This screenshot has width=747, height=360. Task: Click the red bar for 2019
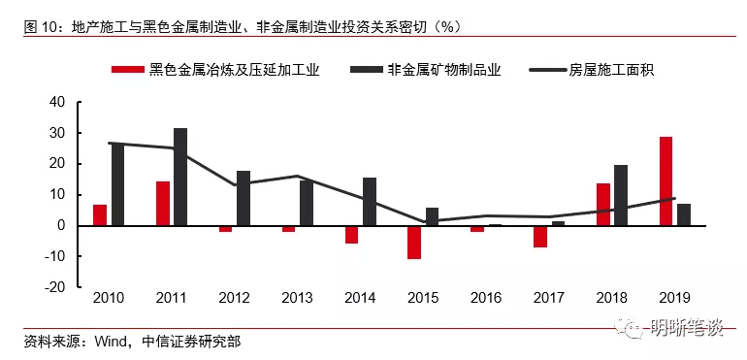(x=667, y=181)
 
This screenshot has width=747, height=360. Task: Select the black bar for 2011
(x=180, y=177)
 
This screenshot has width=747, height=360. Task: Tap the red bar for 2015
(x=414, y=243)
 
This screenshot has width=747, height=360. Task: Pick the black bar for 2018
(x=621, y=195)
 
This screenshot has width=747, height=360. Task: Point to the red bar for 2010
(x=100, y=215)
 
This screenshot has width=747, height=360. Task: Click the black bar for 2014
(x=370, y=202)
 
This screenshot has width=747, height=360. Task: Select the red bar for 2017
(x=540, y=237)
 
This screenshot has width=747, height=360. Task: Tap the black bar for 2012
(x=244, y=198)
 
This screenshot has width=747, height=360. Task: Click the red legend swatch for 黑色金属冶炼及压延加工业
(x=127, y=70)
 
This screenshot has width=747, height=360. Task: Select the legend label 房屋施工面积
(x=611, y=70)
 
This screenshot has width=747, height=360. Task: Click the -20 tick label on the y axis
(x=56, y=287)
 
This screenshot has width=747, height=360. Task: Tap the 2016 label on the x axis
(x=486, y=299)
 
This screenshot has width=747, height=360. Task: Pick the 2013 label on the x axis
(x=297, y=299)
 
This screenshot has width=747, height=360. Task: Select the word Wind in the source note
(x=111, y=342)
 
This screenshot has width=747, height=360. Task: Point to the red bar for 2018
(x=603, y=204)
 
